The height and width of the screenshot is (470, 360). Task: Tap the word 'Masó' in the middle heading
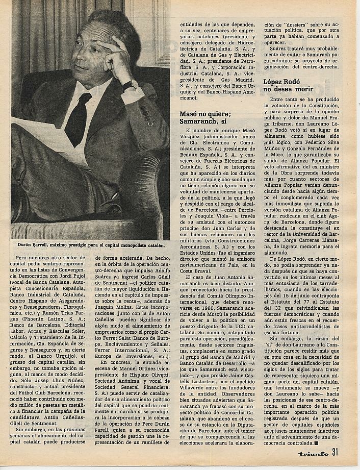[x=190, y=114]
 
